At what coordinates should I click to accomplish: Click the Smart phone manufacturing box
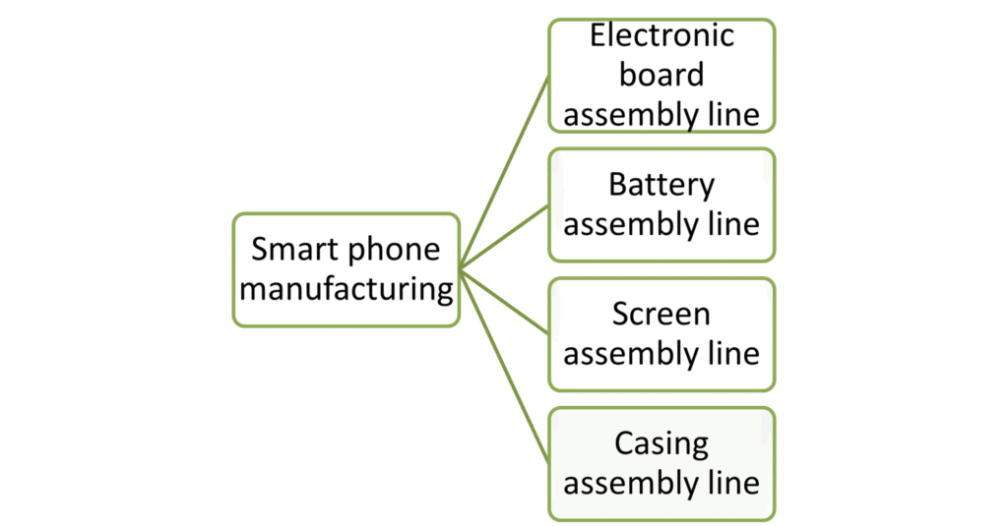point(346,269)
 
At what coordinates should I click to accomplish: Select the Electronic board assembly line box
point(661,75)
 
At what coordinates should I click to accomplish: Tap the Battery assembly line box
point(661,205)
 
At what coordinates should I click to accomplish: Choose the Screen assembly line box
point(661,334)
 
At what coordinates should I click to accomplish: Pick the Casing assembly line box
point(661,463)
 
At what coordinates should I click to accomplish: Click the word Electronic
point(661,35)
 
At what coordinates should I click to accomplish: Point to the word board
point(661,75)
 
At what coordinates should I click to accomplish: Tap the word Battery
point(661,184)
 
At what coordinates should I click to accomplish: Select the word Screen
point(661,314)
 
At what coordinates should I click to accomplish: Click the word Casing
point(661,443)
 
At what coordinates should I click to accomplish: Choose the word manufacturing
point(346,290)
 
